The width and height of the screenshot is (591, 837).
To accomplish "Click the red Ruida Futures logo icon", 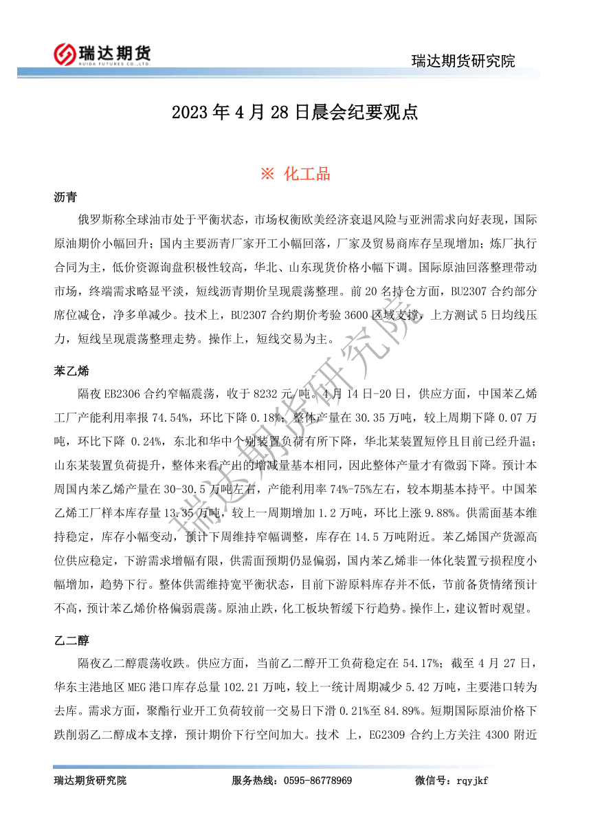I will coord(64,54).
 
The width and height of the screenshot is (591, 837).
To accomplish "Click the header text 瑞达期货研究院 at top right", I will coord(462,61).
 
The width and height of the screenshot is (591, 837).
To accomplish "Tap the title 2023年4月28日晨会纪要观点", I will coord(295,113).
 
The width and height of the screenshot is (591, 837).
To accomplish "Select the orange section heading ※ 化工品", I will coord(295,174).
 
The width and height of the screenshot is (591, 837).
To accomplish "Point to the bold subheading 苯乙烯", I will coord(71,371).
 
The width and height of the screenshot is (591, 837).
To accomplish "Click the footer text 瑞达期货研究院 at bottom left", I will coord(90,781).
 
